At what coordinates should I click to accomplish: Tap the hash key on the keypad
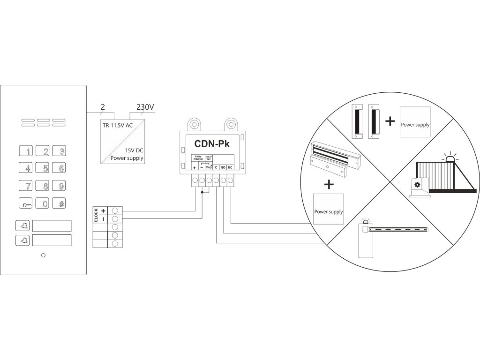point(59,204)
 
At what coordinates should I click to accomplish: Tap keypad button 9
point(59,186)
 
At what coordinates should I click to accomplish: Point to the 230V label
point(145,107)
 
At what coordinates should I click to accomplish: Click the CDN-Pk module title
point(211,142)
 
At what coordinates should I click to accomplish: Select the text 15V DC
point(134,150)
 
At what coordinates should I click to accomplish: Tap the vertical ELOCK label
point(97,214)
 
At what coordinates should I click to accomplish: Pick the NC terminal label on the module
point(230,167)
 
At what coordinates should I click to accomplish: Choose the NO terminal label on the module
point(223,167)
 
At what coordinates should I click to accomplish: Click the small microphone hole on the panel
point(43,255)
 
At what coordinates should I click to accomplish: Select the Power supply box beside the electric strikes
point(415,122)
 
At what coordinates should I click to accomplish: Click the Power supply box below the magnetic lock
point(329,209)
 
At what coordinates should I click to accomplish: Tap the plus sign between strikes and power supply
point(390,121)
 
